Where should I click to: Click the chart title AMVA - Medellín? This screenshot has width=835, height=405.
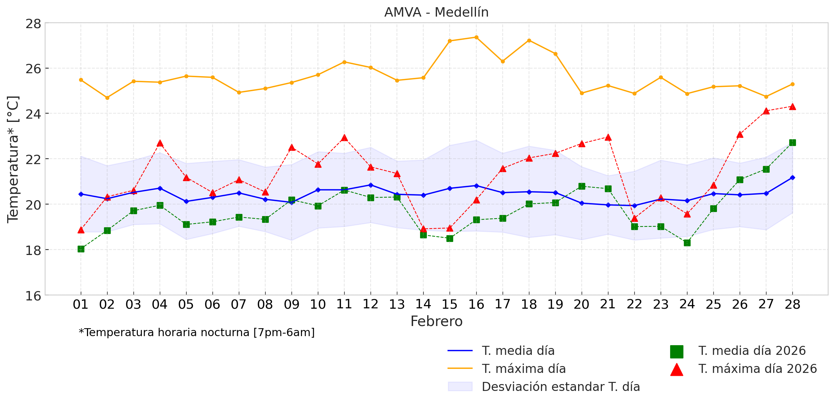(436, 12)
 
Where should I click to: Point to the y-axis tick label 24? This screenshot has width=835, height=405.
(33, 114)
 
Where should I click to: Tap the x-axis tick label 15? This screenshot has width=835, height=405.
(449, 305)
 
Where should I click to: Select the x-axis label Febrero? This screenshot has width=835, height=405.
(436, 321)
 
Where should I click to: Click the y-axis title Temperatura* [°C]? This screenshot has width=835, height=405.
(13, 159)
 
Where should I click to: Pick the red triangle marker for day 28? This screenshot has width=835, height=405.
(792, 107)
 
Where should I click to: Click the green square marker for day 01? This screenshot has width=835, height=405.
(81, 249)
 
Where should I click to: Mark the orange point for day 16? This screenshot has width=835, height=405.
(476, 37)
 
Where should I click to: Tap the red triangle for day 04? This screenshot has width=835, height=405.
(160, 144)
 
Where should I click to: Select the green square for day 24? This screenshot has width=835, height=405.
(687, 243)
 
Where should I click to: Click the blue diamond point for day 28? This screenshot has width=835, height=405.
(792, 177)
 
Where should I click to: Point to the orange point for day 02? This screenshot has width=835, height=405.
(107, 98)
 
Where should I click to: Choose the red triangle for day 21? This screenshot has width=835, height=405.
(608, 137)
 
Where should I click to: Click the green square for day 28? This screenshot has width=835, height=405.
(792, 142)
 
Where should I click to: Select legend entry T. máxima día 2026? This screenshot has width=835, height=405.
(757, 369)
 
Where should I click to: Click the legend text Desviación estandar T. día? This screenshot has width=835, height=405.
(561, 387)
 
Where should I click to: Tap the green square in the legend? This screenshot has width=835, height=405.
(677, 351)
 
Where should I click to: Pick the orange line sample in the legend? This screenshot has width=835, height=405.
(460, 369)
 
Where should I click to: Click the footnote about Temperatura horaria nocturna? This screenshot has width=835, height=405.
(197, 333)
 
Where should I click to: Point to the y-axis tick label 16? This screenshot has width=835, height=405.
(33, 296)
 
